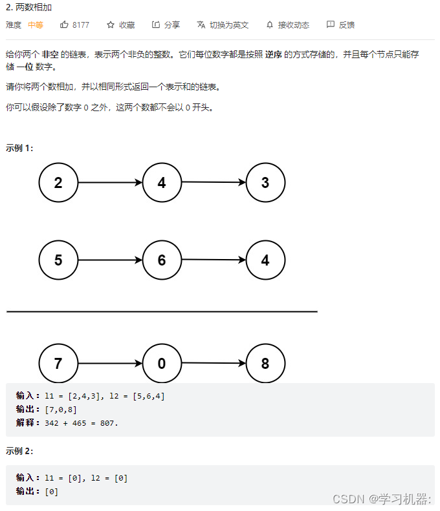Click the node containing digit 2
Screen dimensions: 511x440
58,183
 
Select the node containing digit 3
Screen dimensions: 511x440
265,183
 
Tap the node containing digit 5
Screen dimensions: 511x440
58,260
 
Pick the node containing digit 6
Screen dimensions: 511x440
162,260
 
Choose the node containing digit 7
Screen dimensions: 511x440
58,364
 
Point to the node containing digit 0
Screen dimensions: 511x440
162,364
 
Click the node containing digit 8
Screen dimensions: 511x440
265,364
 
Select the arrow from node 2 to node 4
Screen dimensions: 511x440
110,183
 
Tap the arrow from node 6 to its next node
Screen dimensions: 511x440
214,260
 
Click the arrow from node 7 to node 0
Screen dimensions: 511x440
110,364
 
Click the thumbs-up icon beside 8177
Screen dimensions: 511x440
64,25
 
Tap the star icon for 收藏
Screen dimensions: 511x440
111,25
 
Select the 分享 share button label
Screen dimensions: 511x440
171,25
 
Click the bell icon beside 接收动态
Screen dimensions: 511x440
270,25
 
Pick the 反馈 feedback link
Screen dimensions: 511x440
347,25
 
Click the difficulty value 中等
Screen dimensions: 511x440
35,25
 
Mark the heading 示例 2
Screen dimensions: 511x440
19,450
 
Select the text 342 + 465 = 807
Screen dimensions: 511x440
82,422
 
